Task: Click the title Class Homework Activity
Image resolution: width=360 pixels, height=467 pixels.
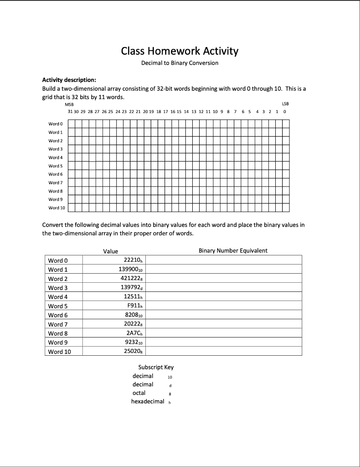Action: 180,51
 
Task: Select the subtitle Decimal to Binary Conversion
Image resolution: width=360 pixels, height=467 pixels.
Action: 180,63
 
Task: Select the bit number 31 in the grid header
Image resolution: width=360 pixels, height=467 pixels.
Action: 70,111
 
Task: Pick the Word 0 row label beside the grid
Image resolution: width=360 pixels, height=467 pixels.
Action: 56,124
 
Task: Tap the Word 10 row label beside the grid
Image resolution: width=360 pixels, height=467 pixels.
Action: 57,208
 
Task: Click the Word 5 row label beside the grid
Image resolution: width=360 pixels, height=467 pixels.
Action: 56,166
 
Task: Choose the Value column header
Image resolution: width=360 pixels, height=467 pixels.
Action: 111,251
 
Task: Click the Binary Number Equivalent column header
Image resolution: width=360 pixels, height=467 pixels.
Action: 233,251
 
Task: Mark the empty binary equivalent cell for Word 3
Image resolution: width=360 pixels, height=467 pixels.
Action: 224,288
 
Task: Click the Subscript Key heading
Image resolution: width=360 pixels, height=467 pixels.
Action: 155,367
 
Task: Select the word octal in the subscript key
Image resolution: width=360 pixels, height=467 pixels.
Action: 139,393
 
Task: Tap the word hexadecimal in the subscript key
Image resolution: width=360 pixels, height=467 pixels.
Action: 147,401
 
